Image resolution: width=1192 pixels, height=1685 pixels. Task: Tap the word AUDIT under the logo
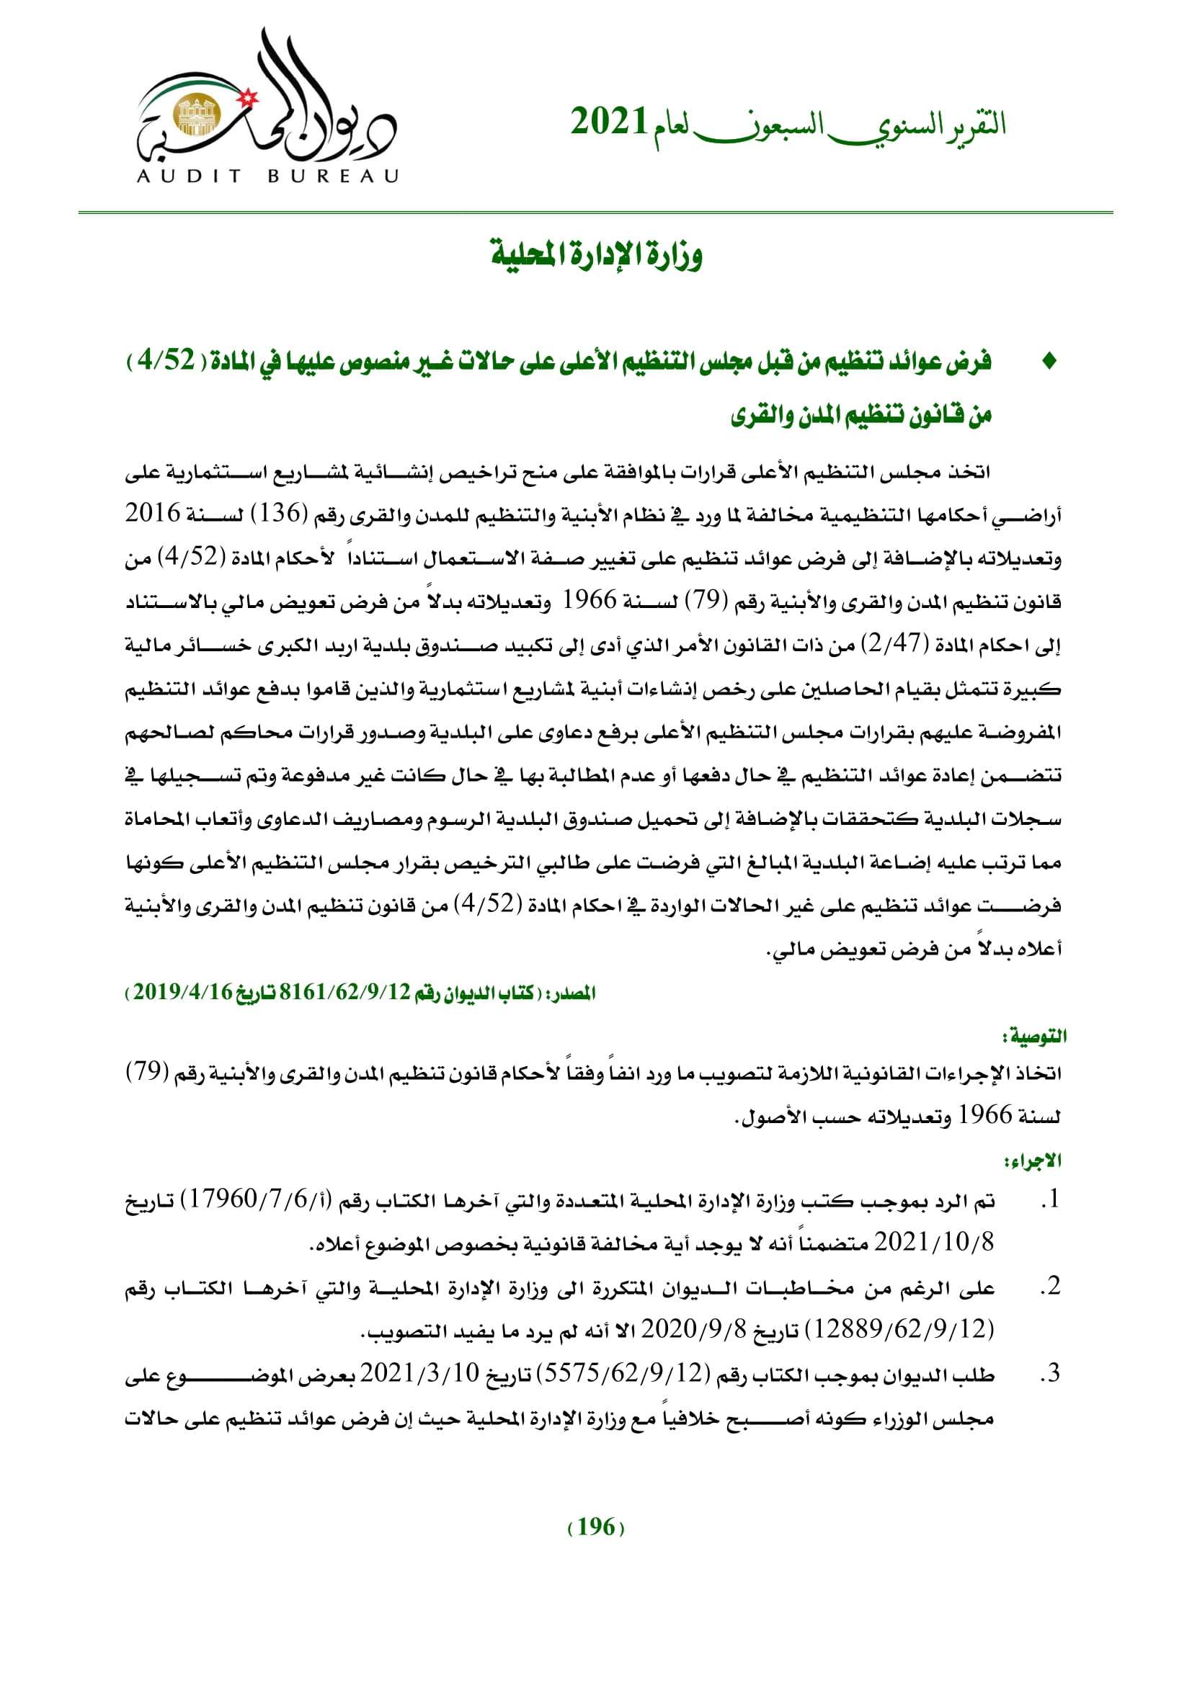click(x=189, y=176)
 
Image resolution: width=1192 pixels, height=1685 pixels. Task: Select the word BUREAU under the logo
click(x=332, y=176)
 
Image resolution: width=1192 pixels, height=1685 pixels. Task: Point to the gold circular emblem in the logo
click(x=196, y=115)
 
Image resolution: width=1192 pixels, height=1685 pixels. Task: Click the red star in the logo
click(x=249, y=97)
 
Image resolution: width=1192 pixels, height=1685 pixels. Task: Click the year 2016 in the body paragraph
click(x=153, y=513)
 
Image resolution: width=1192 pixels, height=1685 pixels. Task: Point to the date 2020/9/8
click(x=693, y=1328)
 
